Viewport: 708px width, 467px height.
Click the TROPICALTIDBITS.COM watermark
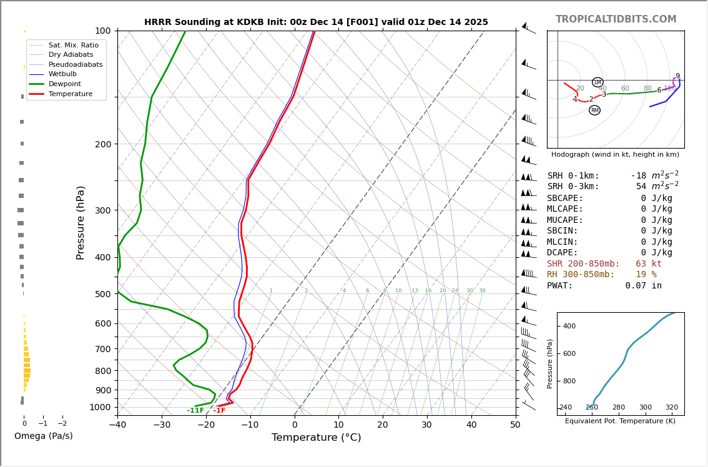[616, 19]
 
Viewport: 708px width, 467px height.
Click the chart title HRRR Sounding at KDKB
[316, 22]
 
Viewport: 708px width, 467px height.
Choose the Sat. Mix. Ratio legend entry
[73, 45]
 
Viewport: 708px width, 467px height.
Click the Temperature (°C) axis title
[316, 438]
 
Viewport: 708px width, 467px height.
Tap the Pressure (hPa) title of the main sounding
[81, 222]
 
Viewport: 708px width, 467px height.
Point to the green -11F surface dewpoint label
[195, 411]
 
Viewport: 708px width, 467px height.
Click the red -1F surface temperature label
[219, 411]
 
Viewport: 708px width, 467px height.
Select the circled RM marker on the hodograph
[594, 111]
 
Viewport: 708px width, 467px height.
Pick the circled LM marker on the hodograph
[597, 82]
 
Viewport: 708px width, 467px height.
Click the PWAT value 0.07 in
[644, 286]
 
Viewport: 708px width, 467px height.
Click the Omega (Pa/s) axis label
[43, 436]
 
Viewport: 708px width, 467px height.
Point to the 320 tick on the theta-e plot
[671, 408]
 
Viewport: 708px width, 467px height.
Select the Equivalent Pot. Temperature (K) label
[621, 421]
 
